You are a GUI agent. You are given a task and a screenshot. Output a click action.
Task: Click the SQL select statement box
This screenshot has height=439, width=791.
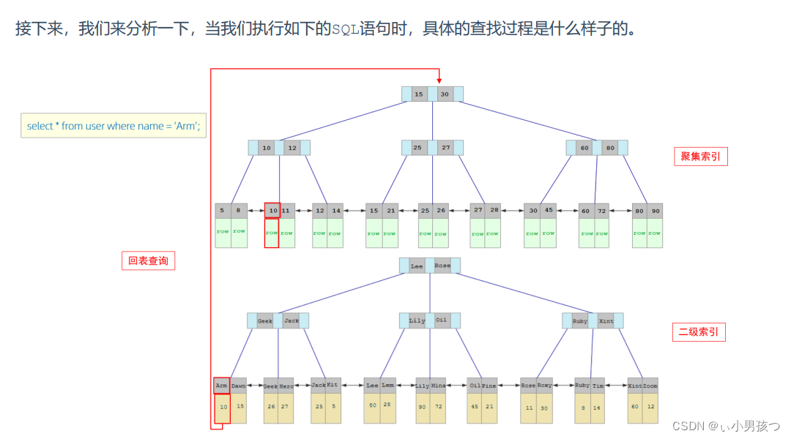tap(114, 126)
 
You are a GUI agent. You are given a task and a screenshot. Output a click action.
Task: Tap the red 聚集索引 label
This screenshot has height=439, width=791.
tap(700, 157)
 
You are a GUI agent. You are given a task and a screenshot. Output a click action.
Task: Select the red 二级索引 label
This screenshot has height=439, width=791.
tap(699, 332)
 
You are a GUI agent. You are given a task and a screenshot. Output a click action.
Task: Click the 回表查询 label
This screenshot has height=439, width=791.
tap(148, 260)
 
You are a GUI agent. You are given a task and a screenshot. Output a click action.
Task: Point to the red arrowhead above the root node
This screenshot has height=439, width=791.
tap(439, 80)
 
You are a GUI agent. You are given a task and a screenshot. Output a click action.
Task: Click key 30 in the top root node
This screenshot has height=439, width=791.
tap(445, 94)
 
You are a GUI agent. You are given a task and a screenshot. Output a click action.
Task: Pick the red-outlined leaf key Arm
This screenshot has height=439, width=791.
tap(222, 385)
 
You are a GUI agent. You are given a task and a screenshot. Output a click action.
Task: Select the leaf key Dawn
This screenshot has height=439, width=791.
tap(239, 385)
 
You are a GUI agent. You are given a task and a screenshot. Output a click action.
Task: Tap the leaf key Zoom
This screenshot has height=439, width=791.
tap(650, 386)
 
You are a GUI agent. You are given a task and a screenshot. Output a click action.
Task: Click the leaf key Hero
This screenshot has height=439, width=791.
tap(286, 386)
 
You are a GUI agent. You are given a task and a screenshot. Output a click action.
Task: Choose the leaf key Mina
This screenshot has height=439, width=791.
tap(438, 386)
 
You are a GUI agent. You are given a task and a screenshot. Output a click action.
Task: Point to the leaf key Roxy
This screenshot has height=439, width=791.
tap(544, 386)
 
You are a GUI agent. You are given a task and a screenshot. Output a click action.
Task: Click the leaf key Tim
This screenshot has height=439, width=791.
tap(598, 386)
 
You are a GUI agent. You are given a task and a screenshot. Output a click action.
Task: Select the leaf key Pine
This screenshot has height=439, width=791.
tap(489, 386)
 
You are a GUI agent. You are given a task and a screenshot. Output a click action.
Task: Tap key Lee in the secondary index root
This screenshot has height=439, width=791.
tap(417, 266)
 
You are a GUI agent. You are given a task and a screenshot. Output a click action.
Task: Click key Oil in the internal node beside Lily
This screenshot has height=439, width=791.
tap(441, 320)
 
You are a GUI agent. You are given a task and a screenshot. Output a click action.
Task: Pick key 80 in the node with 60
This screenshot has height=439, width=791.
tap(610, 148)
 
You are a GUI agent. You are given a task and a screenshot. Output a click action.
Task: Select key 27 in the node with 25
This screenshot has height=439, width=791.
tap(446, 148)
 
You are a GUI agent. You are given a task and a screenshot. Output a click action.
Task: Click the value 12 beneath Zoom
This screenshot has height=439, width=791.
tap(650, 407)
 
